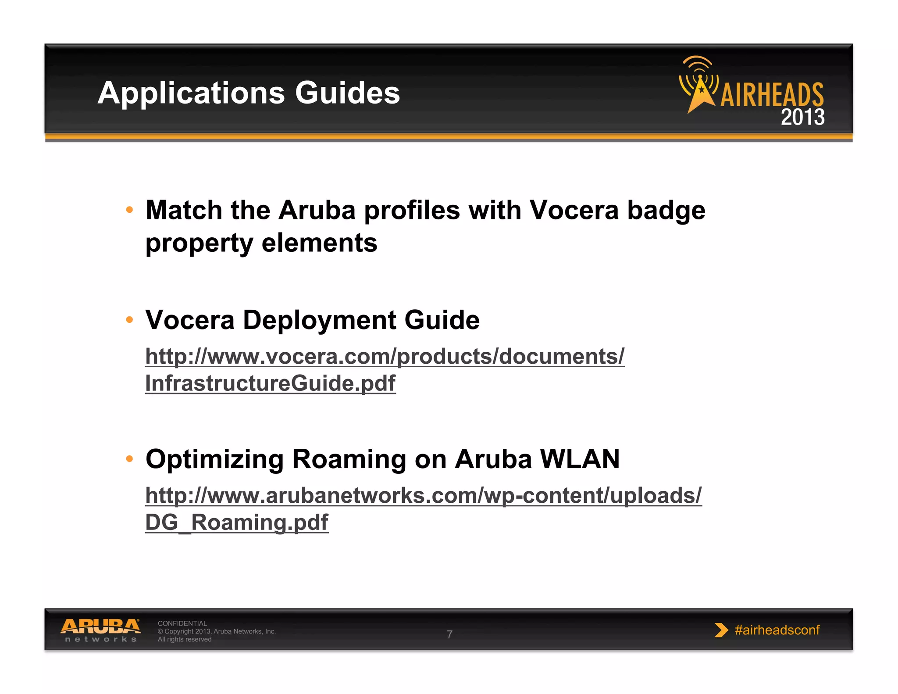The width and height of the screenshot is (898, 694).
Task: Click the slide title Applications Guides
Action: pyautogui.click(x=249, y=93)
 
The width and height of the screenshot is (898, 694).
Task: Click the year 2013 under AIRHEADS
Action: pyautogui.click(x=802, y=117)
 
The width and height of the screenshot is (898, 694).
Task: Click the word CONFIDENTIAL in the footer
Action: pyautogui.click(x=182, y=623)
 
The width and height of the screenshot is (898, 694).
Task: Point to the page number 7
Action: pyautogui.click(x=449, y=634)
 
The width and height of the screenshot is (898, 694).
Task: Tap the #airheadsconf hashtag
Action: pyautogui.click(x=777, y=630)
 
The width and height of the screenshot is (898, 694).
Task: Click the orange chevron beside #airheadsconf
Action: pyautogui.click(x=720, y=630)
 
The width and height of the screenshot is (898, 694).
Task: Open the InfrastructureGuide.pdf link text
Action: pyautogui.click(x=270, y=383)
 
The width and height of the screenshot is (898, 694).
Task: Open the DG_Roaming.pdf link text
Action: pyautogui.click(x=237, y=522)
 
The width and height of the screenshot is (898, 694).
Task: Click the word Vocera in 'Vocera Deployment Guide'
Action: pyautogui.click(x=190, y=320)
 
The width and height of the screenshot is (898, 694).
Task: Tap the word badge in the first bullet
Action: pyautogui.click(x=666, y=210)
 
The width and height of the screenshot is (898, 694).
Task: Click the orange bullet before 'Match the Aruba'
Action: pyautogui.click(x=129, y=210)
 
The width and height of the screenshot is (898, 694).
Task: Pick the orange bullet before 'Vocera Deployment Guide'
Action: pyautogui.click(x=129, y=320)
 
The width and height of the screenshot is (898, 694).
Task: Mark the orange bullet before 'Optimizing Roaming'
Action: pyautogui.click(x=129, y=459)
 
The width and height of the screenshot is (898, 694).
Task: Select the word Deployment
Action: pyautogui.click(x=319, y=320)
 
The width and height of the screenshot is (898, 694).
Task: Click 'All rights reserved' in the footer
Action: pyautogui.click(x=185, y=639)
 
